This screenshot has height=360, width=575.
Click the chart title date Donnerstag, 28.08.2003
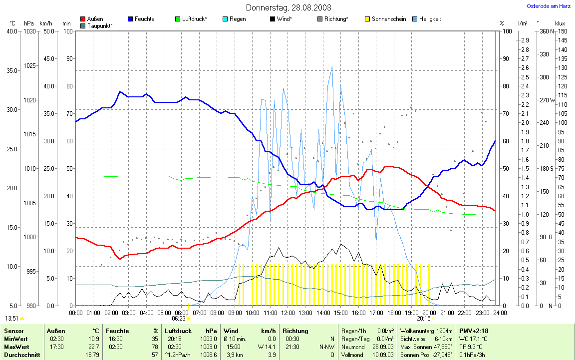(288, 7)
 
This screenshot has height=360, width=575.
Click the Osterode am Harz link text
(549, 6)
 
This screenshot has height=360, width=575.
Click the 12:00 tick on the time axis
(288, 313)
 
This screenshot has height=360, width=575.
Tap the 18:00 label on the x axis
(394, 313)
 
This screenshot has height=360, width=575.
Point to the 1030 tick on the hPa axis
(29, 31)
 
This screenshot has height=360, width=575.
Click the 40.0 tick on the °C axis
(11, 31)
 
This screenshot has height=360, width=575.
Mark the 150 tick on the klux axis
(562, 31)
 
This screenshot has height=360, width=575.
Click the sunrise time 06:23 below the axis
(179, 318)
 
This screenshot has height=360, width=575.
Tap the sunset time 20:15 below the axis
(423, 318)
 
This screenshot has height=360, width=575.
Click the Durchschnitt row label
(19, 355)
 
